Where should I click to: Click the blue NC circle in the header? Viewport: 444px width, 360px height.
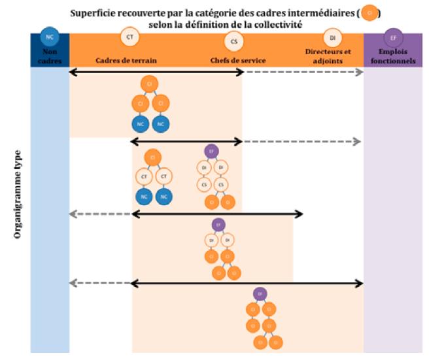pyautogui.click(x=49, y=37)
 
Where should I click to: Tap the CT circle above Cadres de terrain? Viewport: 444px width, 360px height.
pyautogui.click(x=129, y=37)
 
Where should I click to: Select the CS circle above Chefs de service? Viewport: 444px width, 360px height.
pyautogui.click(x=234, y=42)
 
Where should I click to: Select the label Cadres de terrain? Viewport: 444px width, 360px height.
pyautogui.click(x=126, y=60)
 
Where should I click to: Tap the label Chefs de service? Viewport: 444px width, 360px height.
pyautogui.click(x=237, y=60)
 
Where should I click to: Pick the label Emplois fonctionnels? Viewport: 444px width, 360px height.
pyautogui.click(x=392, y=56)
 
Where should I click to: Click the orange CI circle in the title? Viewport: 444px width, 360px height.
pyautogui.click(x=370, y=12)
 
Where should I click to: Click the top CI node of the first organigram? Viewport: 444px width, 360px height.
pyautogui.click(x=150, y=83)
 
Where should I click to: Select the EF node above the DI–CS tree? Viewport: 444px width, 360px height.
pyautogui.click(x=211, y=151)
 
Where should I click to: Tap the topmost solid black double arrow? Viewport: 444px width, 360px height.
pyautogui.click(x=156, y=71)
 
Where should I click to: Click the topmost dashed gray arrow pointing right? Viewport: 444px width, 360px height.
pyautogui.click(x=303, y=71)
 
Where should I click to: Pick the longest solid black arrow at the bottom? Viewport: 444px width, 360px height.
pyautogui.click(x=247, y=283)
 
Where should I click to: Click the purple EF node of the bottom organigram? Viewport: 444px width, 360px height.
pyautogui.click(x=260, y=293)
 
